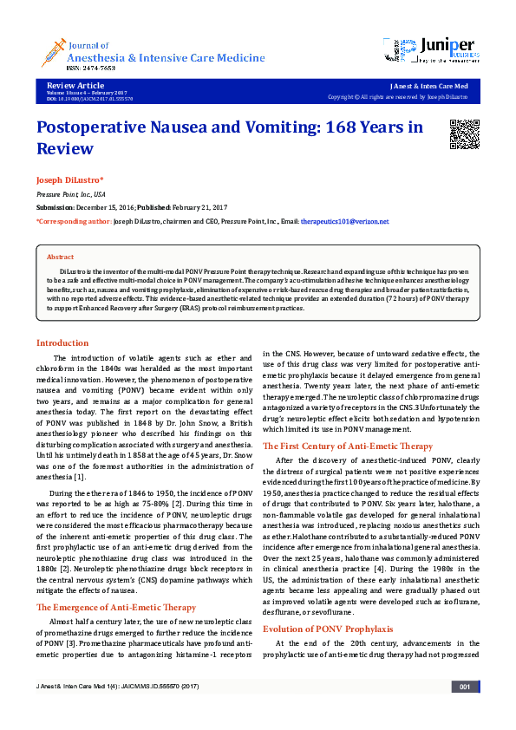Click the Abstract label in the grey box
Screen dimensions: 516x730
click(60, 257)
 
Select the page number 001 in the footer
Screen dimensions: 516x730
click(464, 712)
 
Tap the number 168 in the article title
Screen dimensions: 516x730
click(341, 127)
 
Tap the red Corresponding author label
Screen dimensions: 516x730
click(73, 221)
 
